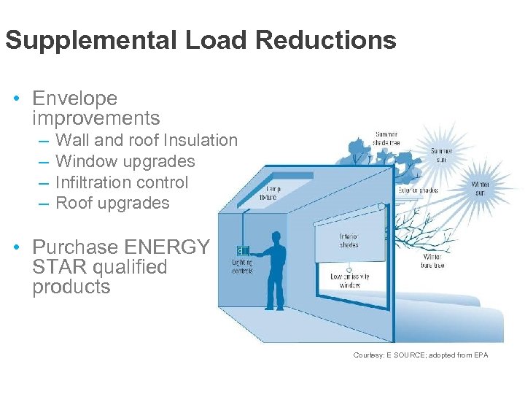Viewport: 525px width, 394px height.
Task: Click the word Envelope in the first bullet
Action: (x=75, y=98)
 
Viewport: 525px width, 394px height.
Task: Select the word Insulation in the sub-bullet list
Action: (x=201, y=140)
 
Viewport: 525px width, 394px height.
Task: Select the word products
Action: (x=71, y=287)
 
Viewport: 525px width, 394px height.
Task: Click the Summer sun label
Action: (x=441, y=155)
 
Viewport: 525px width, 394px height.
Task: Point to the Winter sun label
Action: (x=481, y=188)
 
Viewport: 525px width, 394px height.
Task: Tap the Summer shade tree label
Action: (x=386, y=139)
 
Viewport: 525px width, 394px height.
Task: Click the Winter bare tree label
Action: (x=432, y=261)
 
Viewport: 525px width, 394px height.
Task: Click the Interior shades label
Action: (x=349, y=240)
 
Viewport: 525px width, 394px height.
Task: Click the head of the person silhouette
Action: (x=276, y=239)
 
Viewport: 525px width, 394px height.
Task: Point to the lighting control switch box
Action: (x=242, y=251)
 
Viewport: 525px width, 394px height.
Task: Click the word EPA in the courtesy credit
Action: (x=480, y=355)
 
